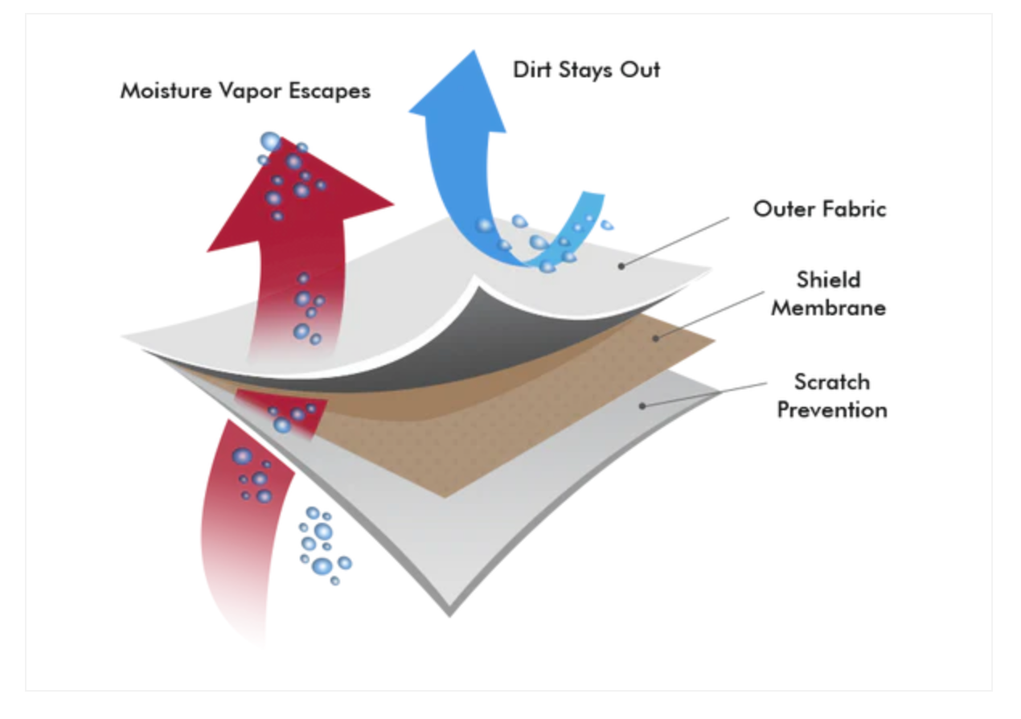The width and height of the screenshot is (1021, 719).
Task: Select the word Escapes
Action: [x=328, y=91]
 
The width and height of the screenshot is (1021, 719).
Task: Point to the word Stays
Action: [x=588, y=71]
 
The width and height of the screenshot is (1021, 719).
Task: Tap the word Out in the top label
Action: [x=641, y=70]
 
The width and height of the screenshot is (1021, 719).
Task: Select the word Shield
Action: [x=829, y=280]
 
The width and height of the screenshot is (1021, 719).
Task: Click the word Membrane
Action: [x=829, y=307]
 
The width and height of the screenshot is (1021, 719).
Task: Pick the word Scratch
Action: [x=831, y=381]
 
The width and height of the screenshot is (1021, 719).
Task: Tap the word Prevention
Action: [x=831, y=409]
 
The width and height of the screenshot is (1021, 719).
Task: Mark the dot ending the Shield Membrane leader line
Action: [x=656, y=339]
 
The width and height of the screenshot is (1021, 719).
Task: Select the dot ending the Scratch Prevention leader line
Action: [x=642, y=406]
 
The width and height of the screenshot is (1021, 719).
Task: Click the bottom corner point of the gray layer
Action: [x=450, y=615]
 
